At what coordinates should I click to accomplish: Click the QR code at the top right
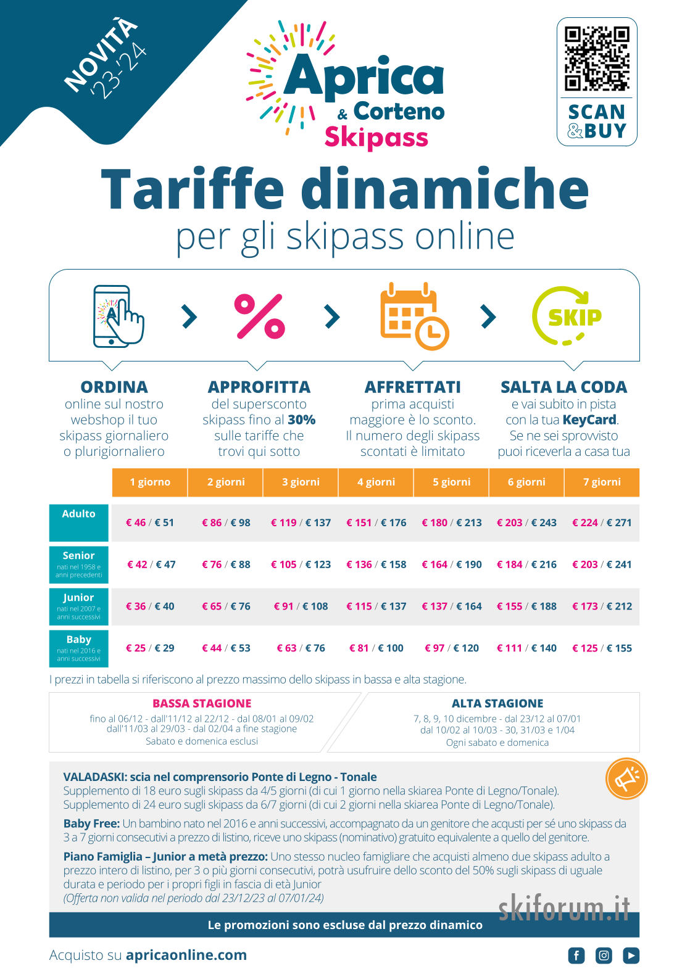(596, 59)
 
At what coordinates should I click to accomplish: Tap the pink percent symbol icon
(260, 316)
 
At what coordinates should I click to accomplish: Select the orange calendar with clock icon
(414, 316)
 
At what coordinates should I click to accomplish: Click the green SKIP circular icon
(567, 316)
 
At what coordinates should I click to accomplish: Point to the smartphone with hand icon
(118, 316)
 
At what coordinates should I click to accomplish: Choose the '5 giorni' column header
(451, 482)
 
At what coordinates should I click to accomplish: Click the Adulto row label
(79, 523)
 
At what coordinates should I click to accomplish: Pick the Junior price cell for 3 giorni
(301, 606)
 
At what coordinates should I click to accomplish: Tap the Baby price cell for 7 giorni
(602, 648)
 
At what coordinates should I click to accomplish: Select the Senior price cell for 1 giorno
(151, 564)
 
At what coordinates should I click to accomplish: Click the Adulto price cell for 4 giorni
(376, 523)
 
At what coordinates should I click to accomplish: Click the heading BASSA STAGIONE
(202, 703)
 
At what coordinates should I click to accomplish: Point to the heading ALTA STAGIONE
(497, 703)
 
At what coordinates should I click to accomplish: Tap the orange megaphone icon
(626, 779)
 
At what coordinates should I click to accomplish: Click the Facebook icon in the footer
(576, 956)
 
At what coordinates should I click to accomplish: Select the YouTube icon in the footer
(631, 956)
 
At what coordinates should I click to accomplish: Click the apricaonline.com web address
(186, 955)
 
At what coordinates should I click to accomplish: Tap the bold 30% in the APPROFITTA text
(302, 419)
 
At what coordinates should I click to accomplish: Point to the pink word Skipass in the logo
(376, 137)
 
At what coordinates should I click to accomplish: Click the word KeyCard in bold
(590, 420)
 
